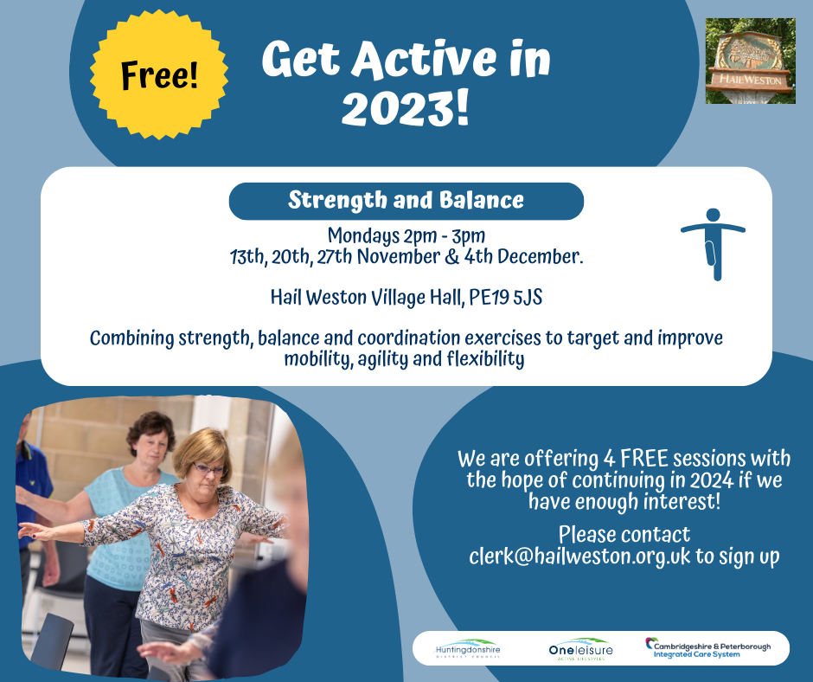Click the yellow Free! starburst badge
[x=159, y=74]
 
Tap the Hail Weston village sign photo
[x=750, y=61]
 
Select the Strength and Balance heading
[x=406, y=200]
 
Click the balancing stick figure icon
[x=713, y=244]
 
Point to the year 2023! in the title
[x=405, y=108]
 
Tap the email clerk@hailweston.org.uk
[x=579, y=556]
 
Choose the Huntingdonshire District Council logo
[x=468, y=649]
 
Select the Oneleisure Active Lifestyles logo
[x=580, y=649]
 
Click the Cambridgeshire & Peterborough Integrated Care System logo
[x=707, y=647]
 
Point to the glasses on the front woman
[x=209, y=470]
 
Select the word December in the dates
[x=540, y=256]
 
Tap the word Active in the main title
[x=423, y=59]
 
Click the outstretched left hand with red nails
[x=32, y=531]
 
